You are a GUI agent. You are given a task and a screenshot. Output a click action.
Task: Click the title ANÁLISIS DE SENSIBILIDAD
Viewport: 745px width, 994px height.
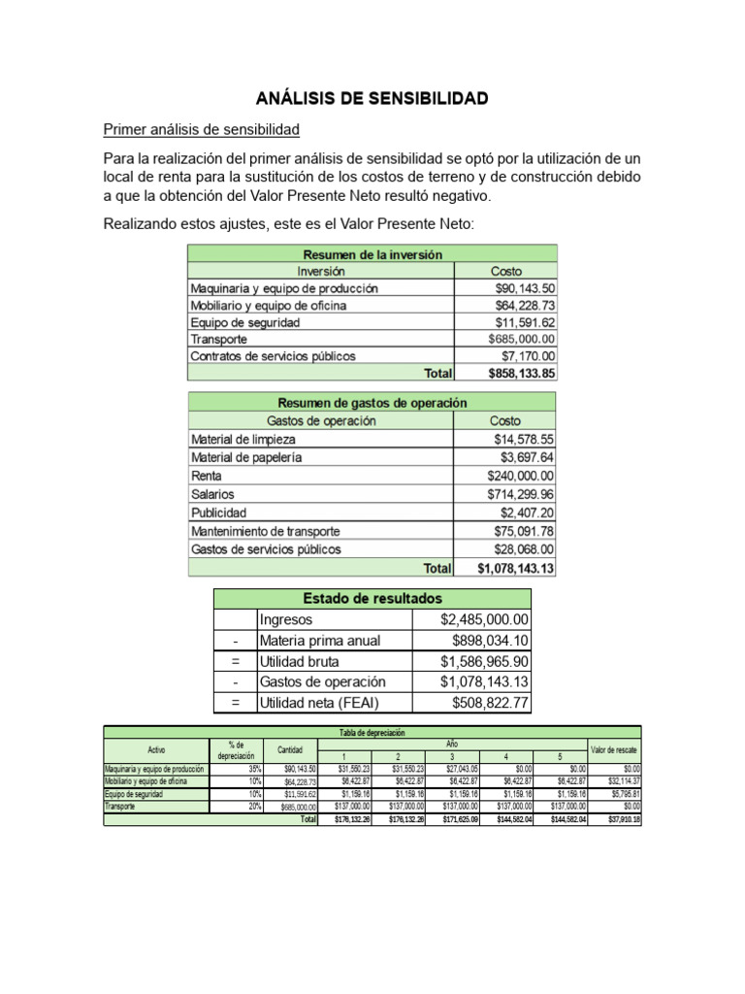[x=372, y=98]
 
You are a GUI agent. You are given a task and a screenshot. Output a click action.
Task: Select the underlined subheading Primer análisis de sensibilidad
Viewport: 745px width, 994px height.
[x=202, y=129]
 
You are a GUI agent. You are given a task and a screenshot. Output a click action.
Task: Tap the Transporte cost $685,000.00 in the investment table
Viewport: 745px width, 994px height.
[x=522, y=339]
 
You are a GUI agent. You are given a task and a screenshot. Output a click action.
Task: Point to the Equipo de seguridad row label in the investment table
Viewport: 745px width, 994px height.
[x=245, y=322]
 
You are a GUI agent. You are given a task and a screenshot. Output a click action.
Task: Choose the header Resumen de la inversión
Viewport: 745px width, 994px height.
[x=372, y=254]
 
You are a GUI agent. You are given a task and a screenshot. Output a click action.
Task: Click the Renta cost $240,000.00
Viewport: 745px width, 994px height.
[x=522, y=476]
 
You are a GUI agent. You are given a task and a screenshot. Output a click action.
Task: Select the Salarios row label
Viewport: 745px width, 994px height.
[x=212, y=494]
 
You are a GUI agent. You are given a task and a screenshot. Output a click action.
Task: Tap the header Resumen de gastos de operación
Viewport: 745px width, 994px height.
[x=372, y=402]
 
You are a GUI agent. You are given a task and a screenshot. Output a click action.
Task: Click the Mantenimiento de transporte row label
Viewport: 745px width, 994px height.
[x=265, y=531]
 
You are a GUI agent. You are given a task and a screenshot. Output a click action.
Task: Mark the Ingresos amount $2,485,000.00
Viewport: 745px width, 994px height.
[x=484, y=619]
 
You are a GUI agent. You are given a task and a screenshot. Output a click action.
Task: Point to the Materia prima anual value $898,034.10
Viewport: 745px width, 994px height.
[x=490, y=641]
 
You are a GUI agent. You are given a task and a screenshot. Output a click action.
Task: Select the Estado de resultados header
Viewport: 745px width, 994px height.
[x=372, y=597]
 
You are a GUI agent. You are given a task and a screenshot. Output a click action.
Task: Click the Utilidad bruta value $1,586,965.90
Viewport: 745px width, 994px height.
[x=484, y=661]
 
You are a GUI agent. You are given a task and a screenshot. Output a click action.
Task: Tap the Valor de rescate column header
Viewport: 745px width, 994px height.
[x=614, y=750]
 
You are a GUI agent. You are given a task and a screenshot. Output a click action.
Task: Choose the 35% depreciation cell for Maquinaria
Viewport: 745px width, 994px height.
[x=254, y=769]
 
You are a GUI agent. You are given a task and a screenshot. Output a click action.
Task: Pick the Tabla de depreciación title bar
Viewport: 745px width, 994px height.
[x=372, y=732]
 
